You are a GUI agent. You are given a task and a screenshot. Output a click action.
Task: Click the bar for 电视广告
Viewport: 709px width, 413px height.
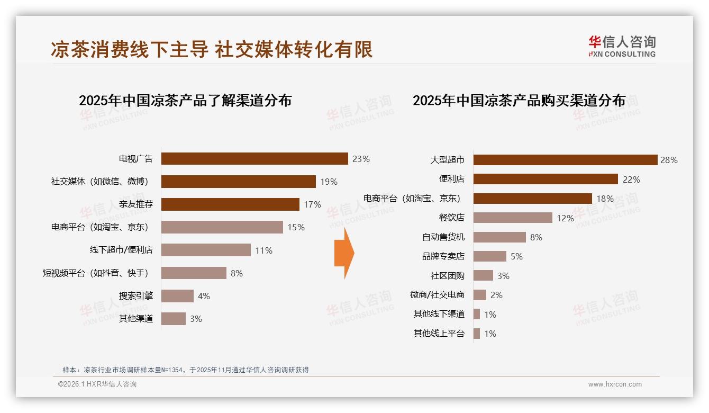254,159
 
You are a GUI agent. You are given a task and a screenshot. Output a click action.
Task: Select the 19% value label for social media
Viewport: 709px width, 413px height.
329,182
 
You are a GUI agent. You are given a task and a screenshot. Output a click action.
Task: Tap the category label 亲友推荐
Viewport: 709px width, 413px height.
136,204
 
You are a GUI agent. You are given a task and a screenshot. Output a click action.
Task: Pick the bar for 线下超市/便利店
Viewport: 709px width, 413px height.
206,250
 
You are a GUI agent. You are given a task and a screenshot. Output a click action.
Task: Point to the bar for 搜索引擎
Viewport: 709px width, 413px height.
177,296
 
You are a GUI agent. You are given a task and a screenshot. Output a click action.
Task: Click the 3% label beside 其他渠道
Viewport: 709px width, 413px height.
196,319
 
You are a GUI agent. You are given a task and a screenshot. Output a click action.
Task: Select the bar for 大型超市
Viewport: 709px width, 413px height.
565,160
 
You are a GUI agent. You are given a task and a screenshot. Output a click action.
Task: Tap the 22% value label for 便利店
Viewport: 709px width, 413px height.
631,179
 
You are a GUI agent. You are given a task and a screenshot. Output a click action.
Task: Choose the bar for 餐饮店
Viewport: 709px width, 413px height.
512,218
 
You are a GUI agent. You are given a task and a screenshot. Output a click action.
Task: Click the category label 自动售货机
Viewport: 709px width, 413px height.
443,237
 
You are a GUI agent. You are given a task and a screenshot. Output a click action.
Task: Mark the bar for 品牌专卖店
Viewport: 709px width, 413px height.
489,256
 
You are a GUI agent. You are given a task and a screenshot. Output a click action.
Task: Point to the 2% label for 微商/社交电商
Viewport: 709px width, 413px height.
496,295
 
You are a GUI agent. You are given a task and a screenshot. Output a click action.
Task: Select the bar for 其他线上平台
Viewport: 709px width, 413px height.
477,334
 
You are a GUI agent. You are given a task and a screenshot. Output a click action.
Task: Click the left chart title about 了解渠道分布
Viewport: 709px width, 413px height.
185,101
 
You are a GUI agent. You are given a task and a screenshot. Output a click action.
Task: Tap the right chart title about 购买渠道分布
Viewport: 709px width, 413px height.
519,101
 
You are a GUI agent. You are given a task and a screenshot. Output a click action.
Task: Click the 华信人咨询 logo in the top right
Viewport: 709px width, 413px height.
622,47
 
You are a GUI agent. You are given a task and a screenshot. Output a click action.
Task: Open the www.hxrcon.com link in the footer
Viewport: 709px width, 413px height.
615,384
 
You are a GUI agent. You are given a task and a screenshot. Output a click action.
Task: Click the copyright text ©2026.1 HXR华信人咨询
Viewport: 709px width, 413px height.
97,384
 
